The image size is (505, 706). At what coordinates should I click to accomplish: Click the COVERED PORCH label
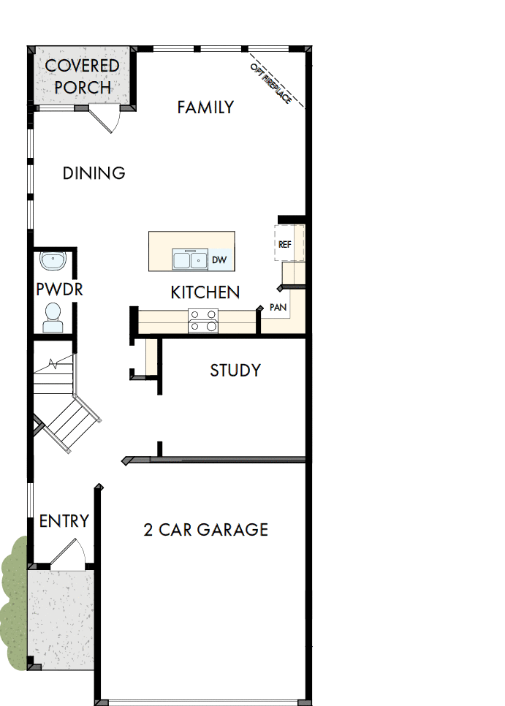coord(82,76)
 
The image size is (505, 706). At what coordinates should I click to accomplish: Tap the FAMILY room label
coord(205,107)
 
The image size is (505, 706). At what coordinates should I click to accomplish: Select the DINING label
coord(94,173)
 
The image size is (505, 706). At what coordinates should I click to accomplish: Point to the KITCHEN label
coord(205,292)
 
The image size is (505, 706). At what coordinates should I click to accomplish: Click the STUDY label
coord(235,371)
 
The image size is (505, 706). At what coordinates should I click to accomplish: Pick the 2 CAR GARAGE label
coord(205,530)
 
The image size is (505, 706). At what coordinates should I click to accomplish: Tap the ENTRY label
coord(64,521)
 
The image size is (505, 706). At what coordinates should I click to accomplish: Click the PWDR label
coord(59,289)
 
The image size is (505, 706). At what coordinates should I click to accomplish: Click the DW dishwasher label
coord(219,259)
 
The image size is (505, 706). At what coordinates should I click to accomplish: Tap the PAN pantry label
coord(278,307)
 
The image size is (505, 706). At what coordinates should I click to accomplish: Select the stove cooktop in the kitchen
coord(202,320)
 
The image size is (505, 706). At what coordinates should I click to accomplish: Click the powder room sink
coord(53,261)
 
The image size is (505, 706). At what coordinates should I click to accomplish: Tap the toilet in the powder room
coord(53,316)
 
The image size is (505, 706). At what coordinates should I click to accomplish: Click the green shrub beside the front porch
coord(12,599)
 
